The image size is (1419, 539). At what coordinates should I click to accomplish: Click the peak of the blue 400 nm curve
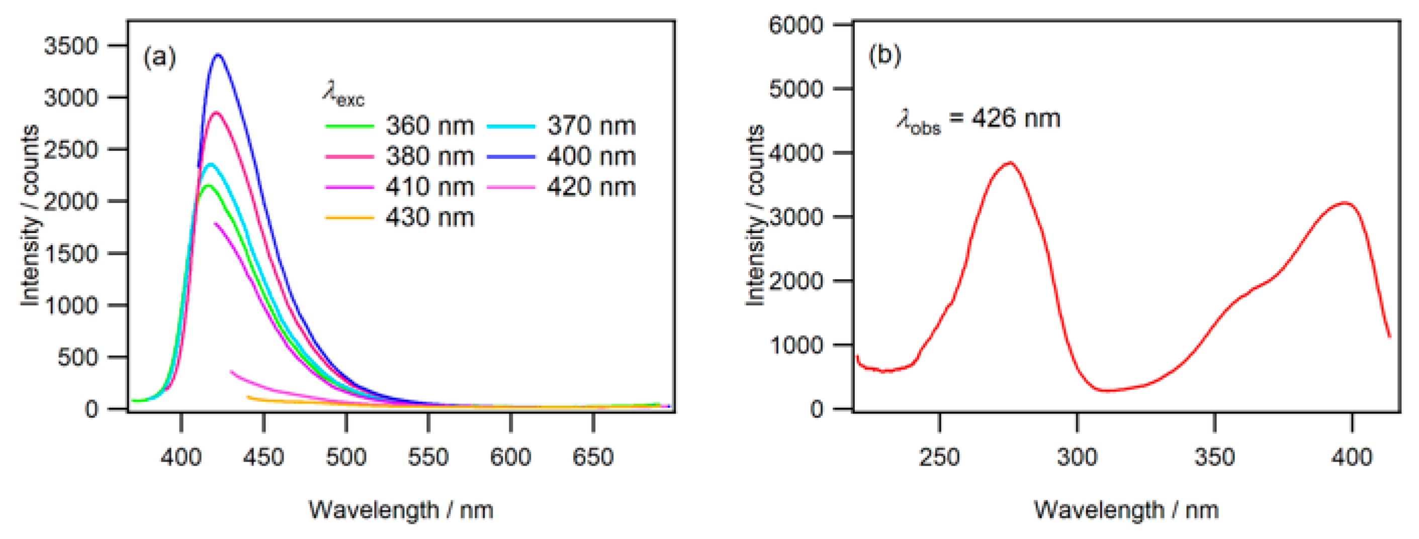tap(218, 55)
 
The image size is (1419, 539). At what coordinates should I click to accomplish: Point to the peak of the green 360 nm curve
tap(207, 185)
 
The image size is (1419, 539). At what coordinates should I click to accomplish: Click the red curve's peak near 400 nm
tap(1345, 203)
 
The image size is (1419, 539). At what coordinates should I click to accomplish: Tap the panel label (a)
tap(159, 57)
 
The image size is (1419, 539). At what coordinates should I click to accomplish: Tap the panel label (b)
tap(884, 55)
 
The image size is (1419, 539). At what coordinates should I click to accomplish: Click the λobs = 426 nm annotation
tap(979, 120)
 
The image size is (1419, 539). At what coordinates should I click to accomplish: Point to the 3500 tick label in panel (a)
tap(70, 46)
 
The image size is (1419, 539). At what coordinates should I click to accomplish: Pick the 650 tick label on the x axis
tap(593, 457)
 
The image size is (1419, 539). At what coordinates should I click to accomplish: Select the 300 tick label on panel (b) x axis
tap(1077, 457)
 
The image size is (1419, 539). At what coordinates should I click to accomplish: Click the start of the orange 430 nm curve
tap(248, 397)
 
